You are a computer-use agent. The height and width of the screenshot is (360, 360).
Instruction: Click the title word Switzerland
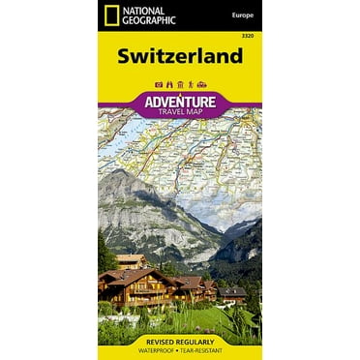[179, 57]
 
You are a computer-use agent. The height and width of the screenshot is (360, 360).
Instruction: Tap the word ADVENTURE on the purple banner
[180, 100]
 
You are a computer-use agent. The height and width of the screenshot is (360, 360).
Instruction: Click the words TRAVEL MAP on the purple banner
[180, 111]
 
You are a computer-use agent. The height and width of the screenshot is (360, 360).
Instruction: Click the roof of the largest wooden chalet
[145, 278]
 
